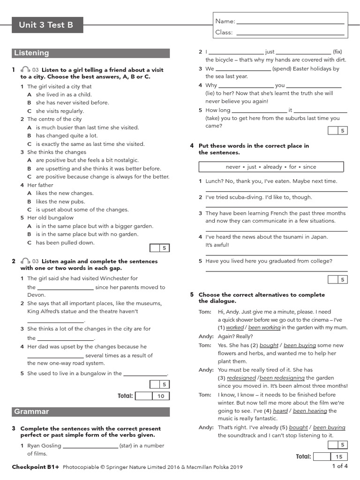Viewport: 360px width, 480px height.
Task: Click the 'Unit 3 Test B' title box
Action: click(x=46, y=25)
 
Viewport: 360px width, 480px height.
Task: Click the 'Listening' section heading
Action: click(x=90, y=53)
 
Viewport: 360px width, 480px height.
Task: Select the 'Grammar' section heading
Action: click(x=90, y=412)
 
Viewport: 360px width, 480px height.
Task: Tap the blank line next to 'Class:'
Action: click(x=291, y=33)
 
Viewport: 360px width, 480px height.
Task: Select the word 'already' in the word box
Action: click(x=272, y=167)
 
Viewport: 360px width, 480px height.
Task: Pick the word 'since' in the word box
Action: click(x=309, y=167)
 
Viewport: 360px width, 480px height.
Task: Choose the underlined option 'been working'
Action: click(x=264, y=328)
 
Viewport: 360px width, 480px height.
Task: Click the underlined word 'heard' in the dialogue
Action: click(x=280, y=411)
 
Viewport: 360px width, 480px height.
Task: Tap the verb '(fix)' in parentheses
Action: click(x=337, y=52)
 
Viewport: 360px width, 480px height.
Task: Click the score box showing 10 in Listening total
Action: click(x=161, y=396)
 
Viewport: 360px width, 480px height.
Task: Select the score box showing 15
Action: click(x=338, y=457)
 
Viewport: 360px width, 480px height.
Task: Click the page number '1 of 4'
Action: click(x=340, y=466)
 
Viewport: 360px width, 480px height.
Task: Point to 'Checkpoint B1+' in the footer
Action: click(x=36, y=467)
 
